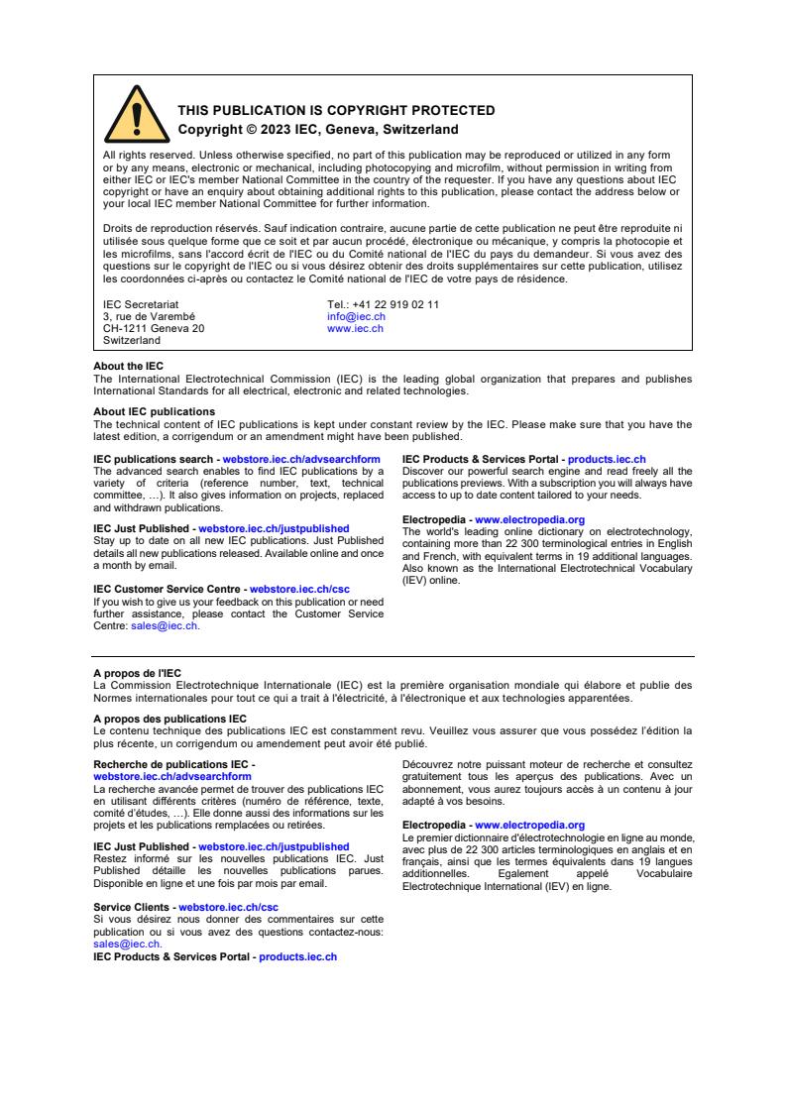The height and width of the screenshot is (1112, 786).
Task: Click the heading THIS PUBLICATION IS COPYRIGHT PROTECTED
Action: coord(336,111)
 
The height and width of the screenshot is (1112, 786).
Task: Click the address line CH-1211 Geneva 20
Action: coord(154,328)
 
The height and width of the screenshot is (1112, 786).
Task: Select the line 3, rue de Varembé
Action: coord(149,316)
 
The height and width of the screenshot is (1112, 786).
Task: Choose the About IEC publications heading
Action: coord(154,411)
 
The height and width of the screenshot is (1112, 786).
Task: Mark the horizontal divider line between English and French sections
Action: coord(393,656)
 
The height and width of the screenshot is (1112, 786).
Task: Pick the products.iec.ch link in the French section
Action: coord(297,957)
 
